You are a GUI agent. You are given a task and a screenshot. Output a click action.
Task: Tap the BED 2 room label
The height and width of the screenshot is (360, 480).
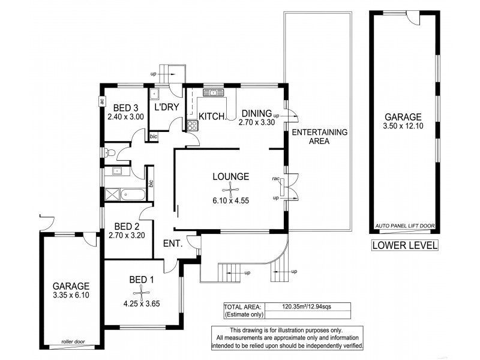pos(127,226)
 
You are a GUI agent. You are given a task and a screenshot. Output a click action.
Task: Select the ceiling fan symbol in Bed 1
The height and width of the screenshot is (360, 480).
pos(142,292)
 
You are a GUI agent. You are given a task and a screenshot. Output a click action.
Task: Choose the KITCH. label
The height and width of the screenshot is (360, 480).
pos(212,115)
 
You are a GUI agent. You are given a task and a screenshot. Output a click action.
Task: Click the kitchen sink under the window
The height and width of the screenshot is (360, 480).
pos(213,92)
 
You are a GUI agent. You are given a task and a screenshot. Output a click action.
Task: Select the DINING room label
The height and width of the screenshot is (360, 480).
pos(257,112)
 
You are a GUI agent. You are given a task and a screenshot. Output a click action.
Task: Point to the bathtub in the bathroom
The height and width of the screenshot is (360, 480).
pos(133,194)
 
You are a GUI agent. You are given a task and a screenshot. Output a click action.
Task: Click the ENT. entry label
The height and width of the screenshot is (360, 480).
pos(173,244)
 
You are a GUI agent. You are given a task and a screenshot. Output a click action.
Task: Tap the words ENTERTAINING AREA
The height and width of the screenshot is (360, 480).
pos(311,137)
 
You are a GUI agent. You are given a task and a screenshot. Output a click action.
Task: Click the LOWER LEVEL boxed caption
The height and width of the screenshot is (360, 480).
pos(404,245)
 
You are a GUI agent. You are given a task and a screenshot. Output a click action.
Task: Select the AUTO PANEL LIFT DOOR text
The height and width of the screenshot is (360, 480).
pos(404,226)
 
